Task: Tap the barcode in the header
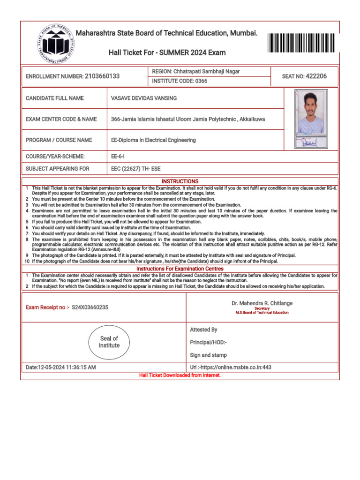[302, 43]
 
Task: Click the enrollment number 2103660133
[102, 76]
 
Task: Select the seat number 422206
[316, 76]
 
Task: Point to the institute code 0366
[201, 81]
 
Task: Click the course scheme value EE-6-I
[118, 157]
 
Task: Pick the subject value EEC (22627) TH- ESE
[135, 169]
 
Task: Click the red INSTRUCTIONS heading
[180, 181]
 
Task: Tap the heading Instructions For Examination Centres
[180, 269]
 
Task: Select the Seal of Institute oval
[109, 342]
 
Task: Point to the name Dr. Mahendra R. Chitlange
[262, 303]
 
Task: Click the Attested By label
[203, 330]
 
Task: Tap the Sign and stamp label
[208, 355]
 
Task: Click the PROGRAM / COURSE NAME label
[59, 140]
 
